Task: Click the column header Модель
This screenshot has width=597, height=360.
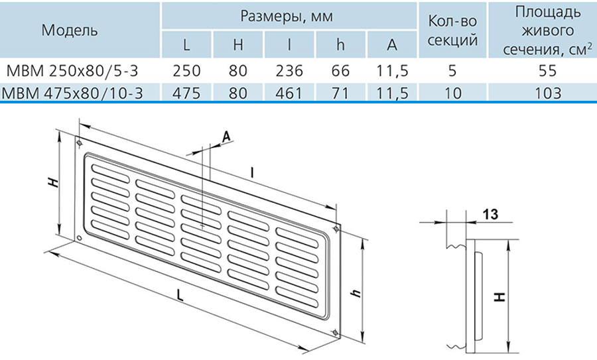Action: tap(69, 30)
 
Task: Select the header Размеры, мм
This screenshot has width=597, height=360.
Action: tap(287, 16)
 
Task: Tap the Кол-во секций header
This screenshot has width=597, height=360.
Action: tap(452, 30)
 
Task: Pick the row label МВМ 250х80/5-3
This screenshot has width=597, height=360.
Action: tap(72, 71)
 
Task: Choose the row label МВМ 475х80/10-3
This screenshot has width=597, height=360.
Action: tap(72, 93)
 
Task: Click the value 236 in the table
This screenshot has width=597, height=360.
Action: tap(289, 71)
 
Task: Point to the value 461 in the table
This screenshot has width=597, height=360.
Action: tap(289, 93)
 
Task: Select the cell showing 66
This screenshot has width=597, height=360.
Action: tap(340, 71)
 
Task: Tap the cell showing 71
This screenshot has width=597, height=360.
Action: tap(340, 93)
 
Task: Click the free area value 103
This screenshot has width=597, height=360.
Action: tap(548, 93)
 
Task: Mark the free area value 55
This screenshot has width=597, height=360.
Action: tap(548, 71)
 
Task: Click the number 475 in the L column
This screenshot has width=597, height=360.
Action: tap(186, 93)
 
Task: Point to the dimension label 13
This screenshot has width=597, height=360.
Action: tap(491, 214)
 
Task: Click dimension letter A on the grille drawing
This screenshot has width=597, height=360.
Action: tap(226, 136)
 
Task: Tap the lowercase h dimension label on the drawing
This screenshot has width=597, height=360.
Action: tap(356, 293)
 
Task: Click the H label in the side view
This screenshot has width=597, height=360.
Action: tap(500, 296)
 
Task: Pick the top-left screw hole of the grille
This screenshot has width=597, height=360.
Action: tap(79, 143)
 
